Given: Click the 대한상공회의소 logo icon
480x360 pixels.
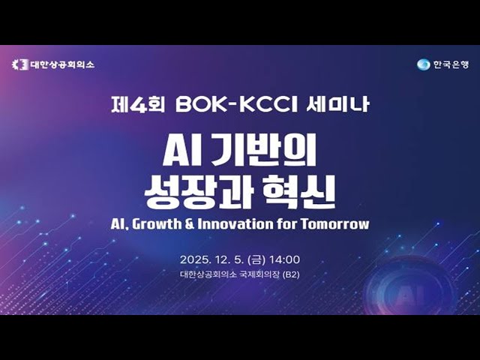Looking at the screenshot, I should [20, 64].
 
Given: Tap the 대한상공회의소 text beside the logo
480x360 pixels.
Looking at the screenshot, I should [62, 64].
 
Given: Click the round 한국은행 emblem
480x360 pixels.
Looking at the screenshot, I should [424, 64].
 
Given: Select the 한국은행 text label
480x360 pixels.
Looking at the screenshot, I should [450, 64].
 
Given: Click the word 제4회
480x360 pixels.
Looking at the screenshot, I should [131, 105].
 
